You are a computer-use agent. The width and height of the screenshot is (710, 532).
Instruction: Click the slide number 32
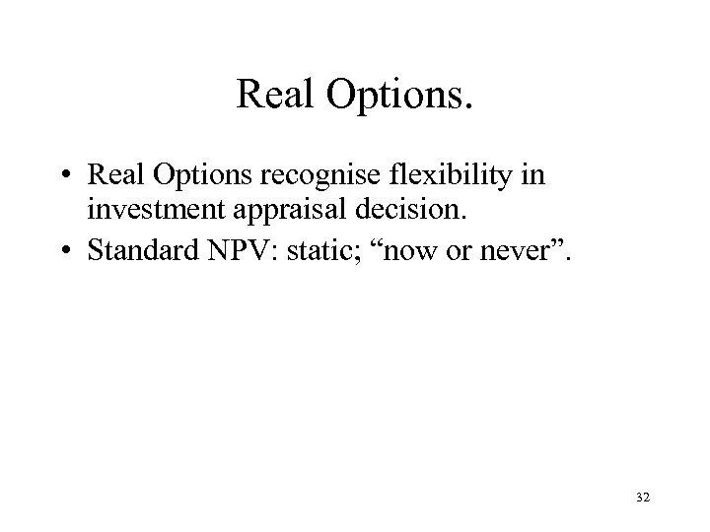click(x=643, y=500)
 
